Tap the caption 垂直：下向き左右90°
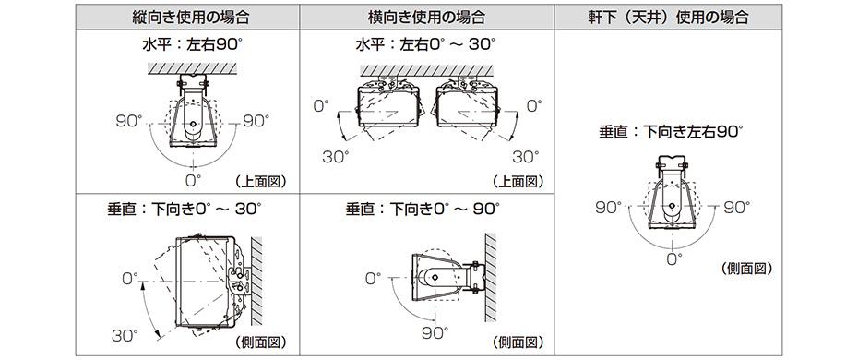click(672, 131)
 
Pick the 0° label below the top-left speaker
click(193, 178)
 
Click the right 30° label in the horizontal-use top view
click(525, 157)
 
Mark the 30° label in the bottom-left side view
click(125, 334)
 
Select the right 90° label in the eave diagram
click(735, 207)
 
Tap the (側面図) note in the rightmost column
click(745, 269)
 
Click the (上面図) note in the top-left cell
click(262, 181)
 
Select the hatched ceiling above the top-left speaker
click(193, 69)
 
